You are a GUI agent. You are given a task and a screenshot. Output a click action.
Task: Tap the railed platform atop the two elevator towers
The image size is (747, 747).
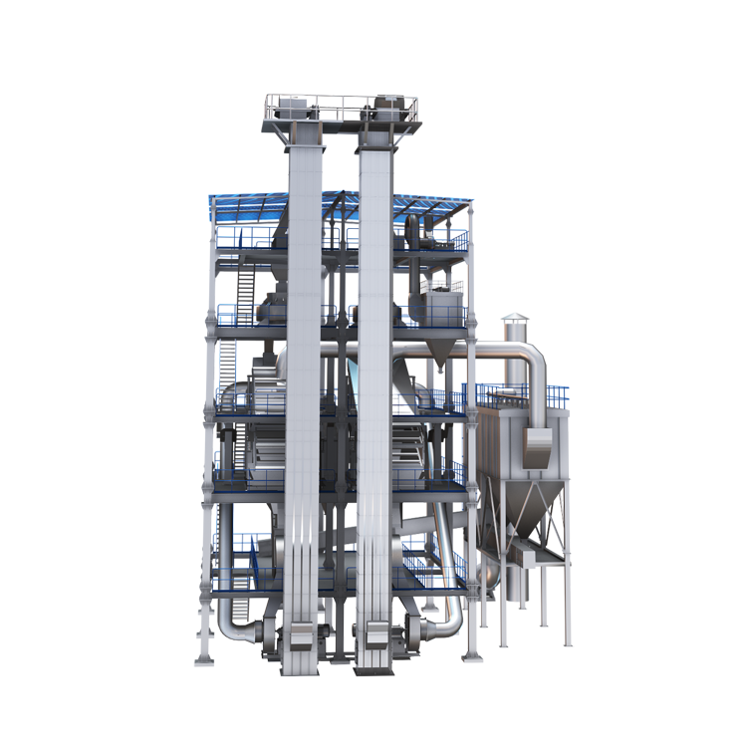point(340,108)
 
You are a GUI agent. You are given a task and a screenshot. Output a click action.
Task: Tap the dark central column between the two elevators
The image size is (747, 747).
point(340,398)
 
